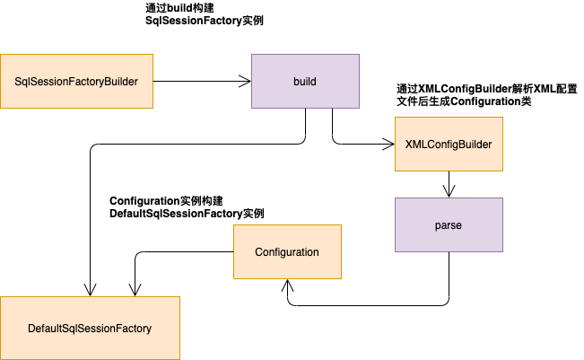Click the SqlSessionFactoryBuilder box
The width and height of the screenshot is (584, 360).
click(x=76, y=82)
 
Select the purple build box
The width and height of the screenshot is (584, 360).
click(x=305, y=82)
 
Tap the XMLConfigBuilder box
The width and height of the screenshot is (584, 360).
click(x=449, y=145)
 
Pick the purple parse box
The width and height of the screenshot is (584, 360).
click(x=449, y=225)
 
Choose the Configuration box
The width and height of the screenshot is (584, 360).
click(x=287, y=251)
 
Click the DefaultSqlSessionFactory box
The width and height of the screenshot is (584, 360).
click(x=90, y=329)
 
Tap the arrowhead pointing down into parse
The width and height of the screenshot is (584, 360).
click(x=449, y=191)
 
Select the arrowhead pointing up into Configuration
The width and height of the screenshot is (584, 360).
click(x=287, y=285)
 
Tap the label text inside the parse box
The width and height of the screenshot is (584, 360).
click(x=449, y=225)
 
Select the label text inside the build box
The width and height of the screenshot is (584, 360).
click(x=305, y=82)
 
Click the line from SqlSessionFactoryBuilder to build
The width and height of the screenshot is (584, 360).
click(x=197, y=82)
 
